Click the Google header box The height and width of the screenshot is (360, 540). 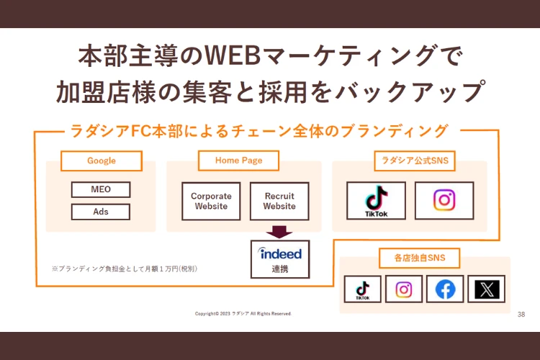click(101, 161)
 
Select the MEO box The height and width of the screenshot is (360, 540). click(101, 190)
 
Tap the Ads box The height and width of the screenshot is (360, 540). click(101, 212)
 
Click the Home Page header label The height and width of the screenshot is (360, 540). click(238, 161)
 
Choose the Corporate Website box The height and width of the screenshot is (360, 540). click(211, 201)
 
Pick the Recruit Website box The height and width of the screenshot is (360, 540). click(279, 201)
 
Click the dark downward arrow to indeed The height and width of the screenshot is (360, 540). click(279, 232)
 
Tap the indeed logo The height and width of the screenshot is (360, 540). click(280, 253)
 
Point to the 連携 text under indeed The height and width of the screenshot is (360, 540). click(280, 269)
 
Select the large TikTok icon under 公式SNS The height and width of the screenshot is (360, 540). click(376, 200)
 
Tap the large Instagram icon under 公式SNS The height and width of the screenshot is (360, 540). click(444, 200)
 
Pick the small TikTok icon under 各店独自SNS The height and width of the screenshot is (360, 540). click(363, 289)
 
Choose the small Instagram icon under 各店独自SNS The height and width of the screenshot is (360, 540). click(404, 289)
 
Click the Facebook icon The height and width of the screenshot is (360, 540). click(445, 289)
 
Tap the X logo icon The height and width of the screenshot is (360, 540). click(486, 289)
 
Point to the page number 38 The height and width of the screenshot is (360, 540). click(521, 315)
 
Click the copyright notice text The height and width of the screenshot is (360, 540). click(243, 314)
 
